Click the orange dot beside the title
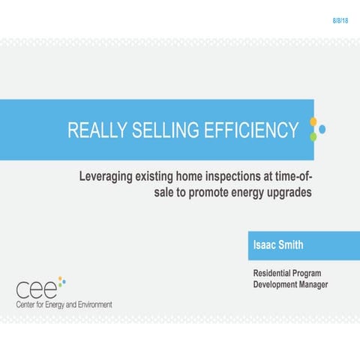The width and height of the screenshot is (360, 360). (x=313, y=121)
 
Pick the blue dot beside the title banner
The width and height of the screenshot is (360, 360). (x=322, y=129)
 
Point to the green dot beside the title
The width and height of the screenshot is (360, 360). (x=313, y=137)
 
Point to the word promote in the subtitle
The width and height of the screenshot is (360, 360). (x=195, y=192)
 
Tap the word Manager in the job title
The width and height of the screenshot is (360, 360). (x=310, y=285)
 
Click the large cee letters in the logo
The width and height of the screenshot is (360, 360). (x=36, y=288)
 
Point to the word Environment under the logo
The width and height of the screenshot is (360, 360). (x=92, y=304)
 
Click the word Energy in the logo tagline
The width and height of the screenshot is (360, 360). (x=59, y=304)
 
